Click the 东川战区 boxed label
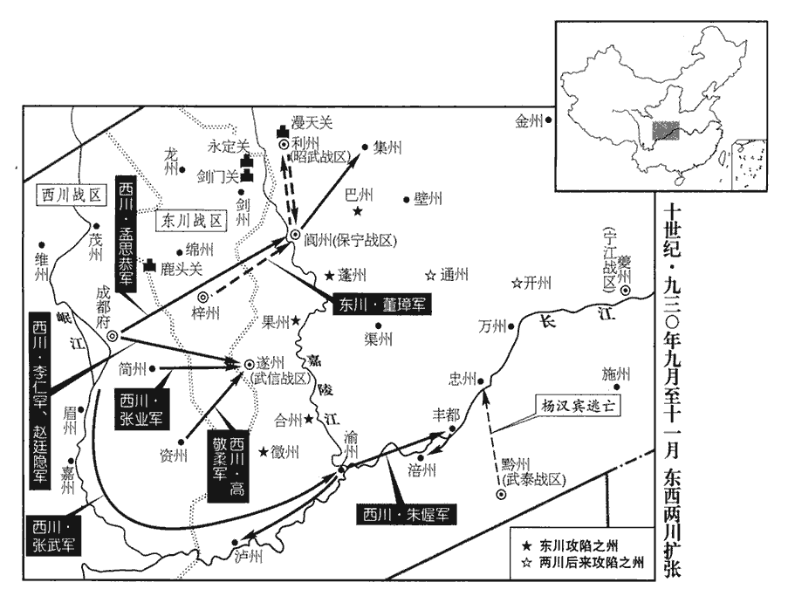pyautogui.click(x=190, y=220)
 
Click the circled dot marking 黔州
pyautogui.click(x=502, y=495)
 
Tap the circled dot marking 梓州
pyautogui.click(x=203, y=297)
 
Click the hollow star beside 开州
pyautogui.click(x=517, y=283)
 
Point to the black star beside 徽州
pyautogui.click(x=263, y=451)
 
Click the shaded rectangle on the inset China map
pyautogui.click(x=666, y=131)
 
